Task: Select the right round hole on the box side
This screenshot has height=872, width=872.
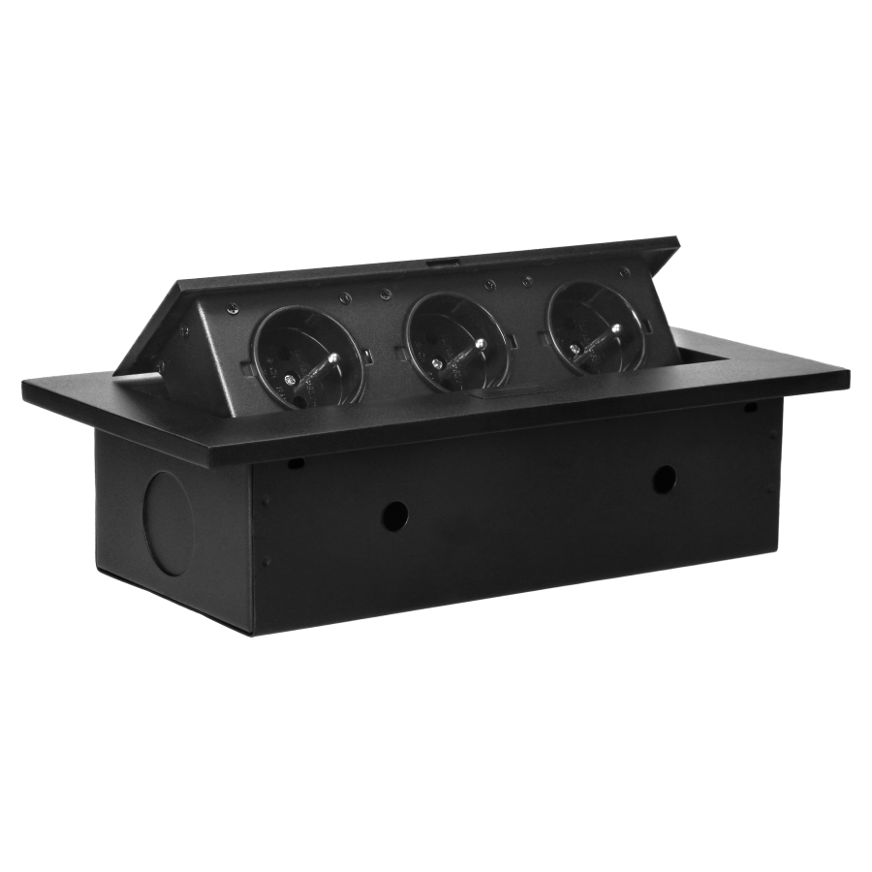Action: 665,477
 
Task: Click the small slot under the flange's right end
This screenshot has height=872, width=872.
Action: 749,408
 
